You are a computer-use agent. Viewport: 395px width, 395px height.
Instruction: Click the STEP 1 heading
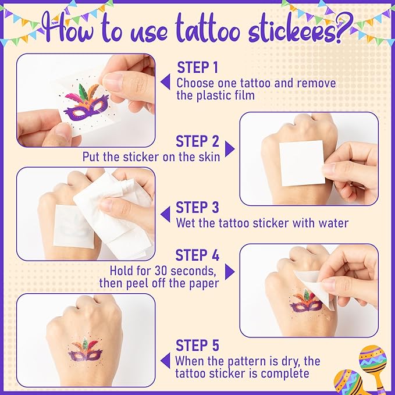198,67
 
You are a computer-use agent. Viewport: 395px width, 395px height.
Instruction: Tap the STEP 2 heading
198,141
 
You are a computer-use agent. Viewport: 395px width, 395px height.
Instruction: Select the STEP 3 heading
198,208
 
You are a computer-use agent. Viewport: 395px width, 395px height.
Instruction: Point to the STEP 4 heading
198,255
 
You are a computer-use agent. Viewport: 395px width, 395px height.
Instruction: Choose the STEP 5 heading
198,345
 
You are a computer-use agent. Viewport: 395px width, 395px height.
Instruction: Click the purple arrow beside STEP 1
166,81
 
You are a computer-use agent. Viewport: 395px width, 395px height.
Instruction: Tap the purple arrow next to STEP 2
229,149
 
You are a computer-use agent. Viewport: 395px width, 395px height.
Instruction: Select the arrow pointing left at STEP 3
166,215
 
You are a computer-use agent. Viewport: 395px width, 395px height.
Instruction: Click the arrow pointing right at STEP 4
229,272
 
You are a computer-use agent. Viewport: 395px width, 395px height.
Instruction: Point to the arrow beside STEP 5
166,361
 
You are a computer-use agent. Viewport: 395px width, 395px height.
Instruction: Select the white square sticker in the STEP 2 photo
302,163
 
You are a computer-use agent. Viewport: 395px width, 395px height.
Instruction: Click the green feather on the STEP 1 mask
83,92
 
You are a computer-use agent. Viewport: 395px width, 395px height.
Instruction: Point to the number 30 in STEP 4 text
161,271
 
